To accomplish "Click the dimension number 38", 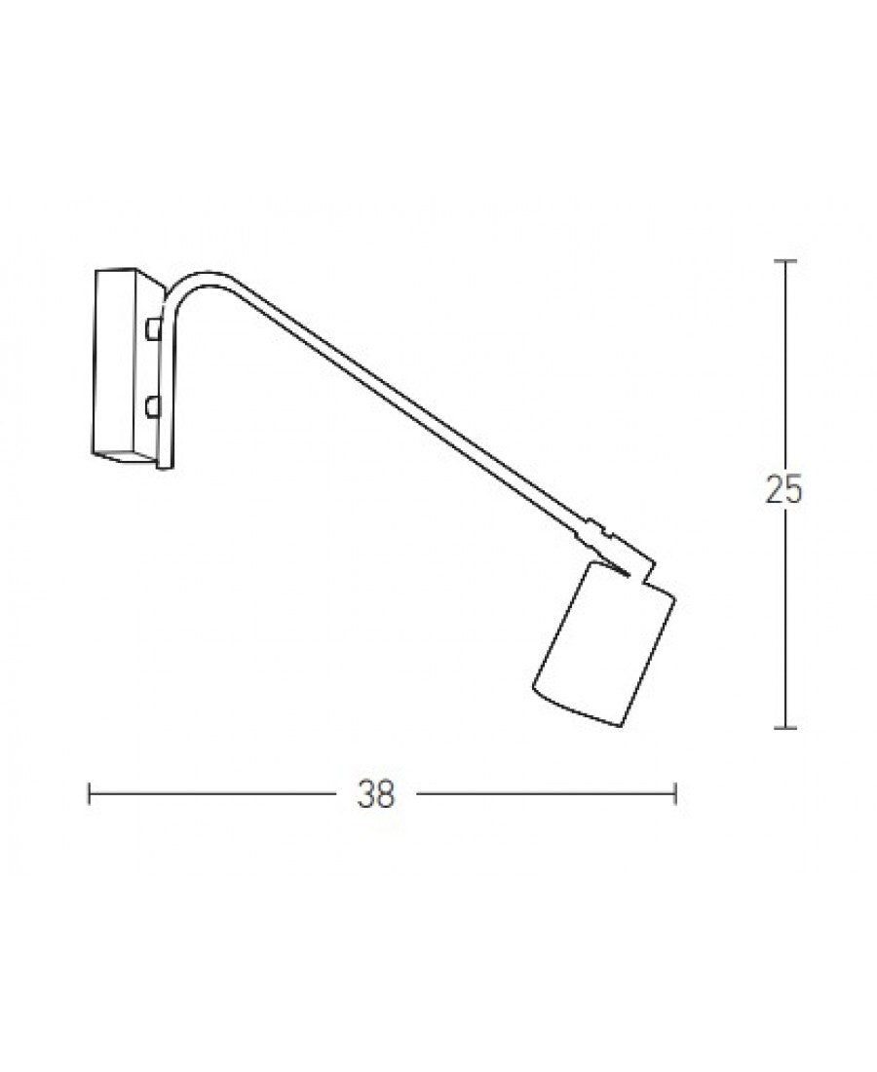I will click(x=376, y=795).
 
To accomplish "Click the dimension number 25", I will click(x=784, y=491).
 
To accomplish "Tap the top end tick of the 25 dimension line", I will click(x=785, y=261).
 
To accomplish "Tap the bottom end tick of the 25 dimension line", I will click(x=785, y=727).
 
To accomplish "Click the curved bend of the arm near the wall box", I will click(x=185, y=288).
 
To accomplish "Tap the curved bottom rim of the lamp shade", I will click(x=575, y=709).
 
